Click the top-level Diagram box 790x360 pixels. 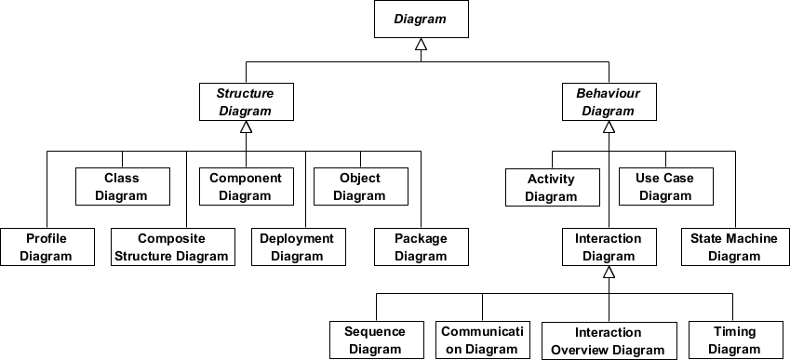[x=421, y=19]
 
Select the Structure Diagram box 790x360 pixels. [x=245, y=102]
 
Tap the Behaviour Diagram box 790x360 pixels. [x=608, y=102]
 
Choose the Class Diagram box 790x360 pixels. [x=122, y=187]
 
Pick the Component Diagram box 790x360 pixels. [x=245, y=187]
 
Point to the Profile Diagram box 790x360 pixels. [x=47, y=247]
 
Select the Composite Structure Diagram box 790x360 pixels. [x=171, y=247]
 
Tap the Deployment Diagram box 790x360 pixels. [x=297, y=247]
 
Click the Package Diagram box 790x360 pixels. [x=421, y=247]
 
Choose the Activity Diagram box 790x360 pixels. [x=551, y=187]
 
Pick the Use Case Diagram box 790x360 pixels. [x=665, y=187]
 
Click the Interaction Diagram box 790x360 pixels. [x=608, y=247]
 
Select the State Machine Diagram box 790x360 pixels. [x=734, y=247]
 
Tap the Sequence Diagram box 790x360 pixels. [x=375, y=340]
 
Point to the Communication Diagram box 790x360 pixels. [x=483, y=340]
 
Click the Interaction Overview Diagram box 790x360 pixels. [x=608, y=341]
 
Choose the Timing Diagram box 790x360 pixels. [x=734, y=340]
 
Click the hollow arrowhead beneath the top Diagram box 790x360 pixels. [x=421, y=45]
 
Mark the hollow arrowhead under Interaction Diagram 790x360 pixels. [x=608, y=273]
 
